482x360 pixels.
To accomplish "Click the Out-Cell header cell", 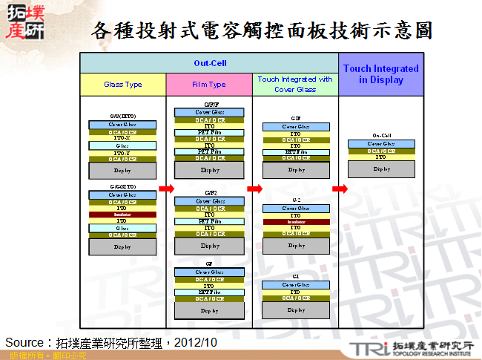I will tap(210, 63).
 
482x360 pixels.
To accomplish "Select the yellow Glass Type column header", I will tap(123, 85).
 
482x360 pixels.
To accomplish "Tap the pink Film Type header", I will tap(209, 85).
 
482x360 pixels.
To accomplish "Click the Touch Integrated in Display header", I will tap(381, 74).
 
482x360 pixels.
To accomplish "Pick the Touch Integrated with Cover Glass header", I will tap(295, 84).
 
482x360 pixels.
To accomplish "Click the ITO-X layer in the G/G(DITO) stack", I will tap(122, 138).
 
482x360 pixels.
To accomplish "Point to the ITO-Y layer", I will tap(122, 153).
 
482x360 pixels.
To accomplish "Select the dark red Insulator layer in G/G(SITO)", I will tap(122, 215).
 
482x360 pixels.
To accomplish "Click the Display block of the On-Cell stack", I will tap(381, 169).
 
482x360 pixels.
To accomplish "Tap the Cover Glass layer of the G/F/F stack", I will tap(210, 113).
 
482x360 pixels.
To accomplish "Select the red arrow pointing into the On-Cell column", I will tap(339, 189).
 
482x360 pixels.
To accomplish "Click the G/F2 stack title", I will tap(210, 192).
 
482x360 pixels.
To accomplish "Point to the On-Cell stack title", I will tap(381, 136).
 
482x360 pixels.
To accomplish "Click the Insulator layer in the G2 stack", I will tap(295, 222).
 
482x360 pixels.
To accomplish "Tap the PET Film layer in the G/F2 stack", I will tap(210, 221).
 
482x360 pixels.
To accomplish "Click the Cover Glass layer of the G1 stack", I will tap(295, 285).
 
